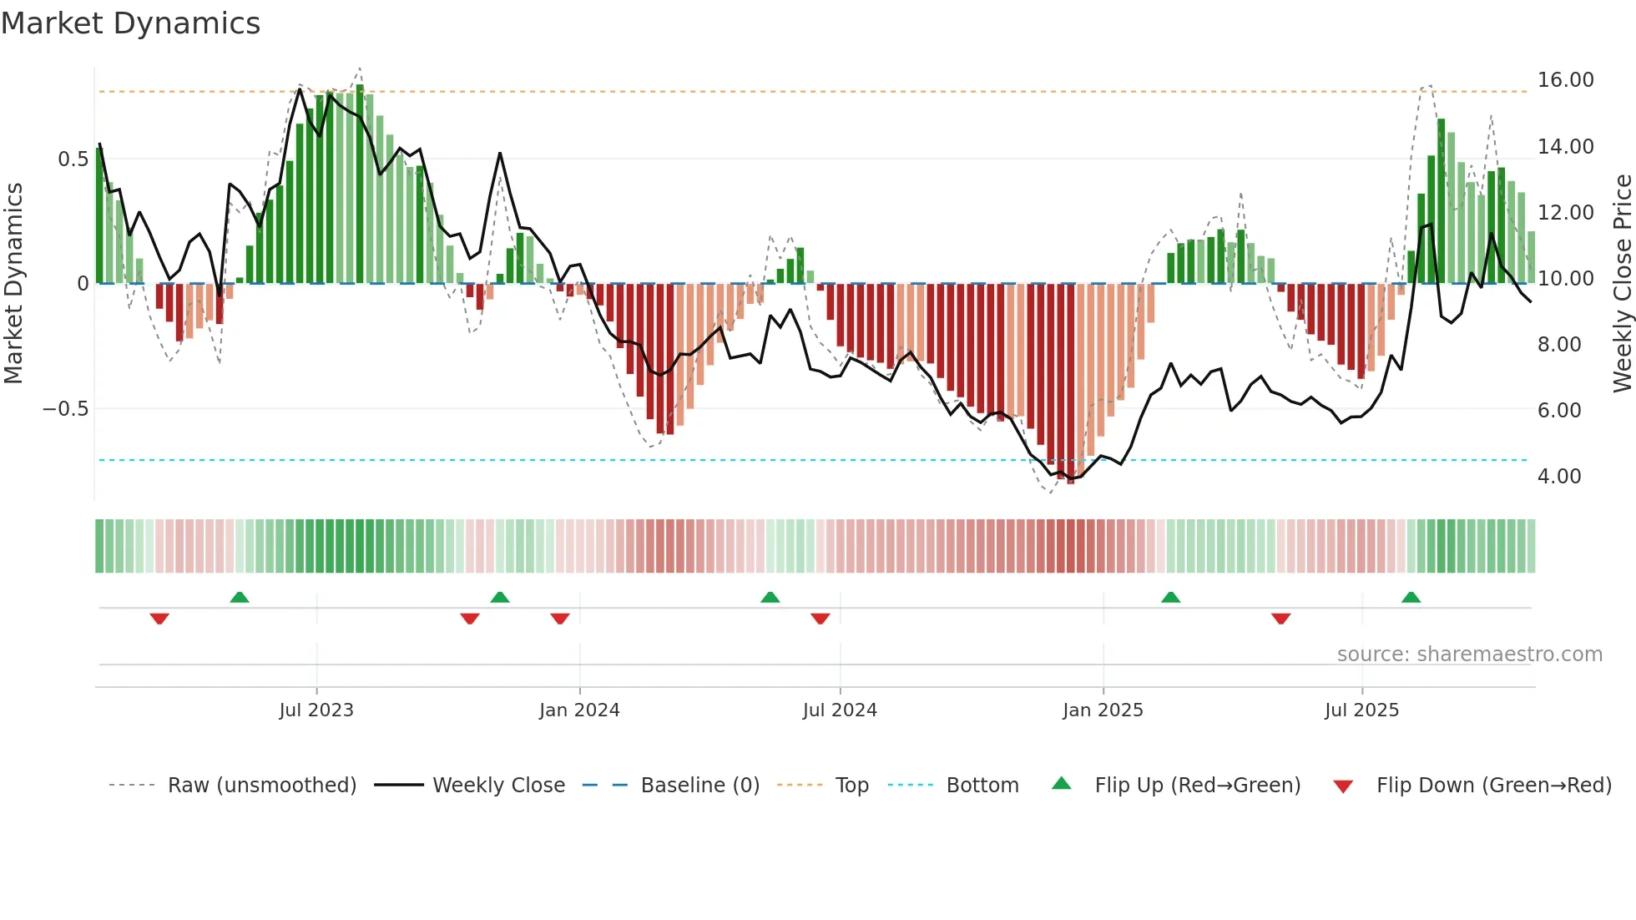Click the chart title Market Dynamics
(x=130, y=23)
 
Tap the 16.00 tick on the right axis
(x=1565, y=80)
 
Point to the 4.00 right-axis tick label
(x=1559, y=477)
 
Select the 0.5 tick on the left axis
(x=73, y=159)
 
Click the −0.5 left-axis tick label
(x=65, y=409)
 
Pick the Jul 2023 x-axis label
(x=316, y=710)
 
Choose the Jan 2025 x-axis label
(x=1103, y=710)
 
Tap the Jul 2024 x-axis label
(x=840, y=710)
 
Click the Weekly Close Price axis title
(x=1622, y=284)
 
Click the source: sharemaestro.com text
(x=1469, y=655)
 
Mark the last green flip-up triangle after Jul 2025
(x=1411, y=598)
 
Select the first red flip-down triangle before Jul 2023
(x=159, y=619)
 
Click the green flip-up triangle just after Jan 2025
(x=1170, y=598)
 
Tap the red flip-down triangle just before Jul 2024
(x=820, y=619)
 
